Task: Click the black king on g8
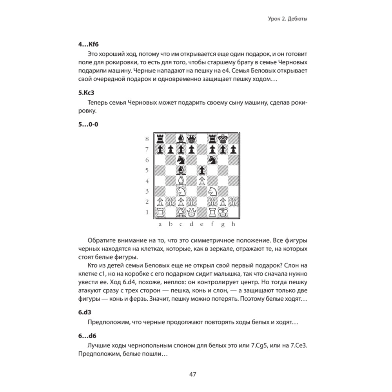pyautogui.click(x=223, y=139)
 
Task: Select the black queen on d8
pyautogui.click(x=191, y=139)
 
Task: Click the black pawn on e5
pyautogui.click(x=202, y=171)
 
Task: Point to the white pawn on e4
pyautogui.click(x=202, y=181)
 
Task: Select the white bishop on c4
pyautogui.click(x=181, y=181)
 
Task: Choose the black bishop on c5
pyautogui.click(x=181, y=171)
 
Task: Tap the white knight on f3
pyautogui.click(x=212, y=192)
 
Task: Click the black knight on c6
pyautogui.click(x=181, y=160)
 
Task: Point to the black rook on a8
pyautogui.click(x=160, y=139)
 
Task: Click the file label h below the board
pyautogui.click(x=233, y=224)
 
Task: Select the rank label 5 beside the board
pyautogui.click(x=147, y=171)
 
